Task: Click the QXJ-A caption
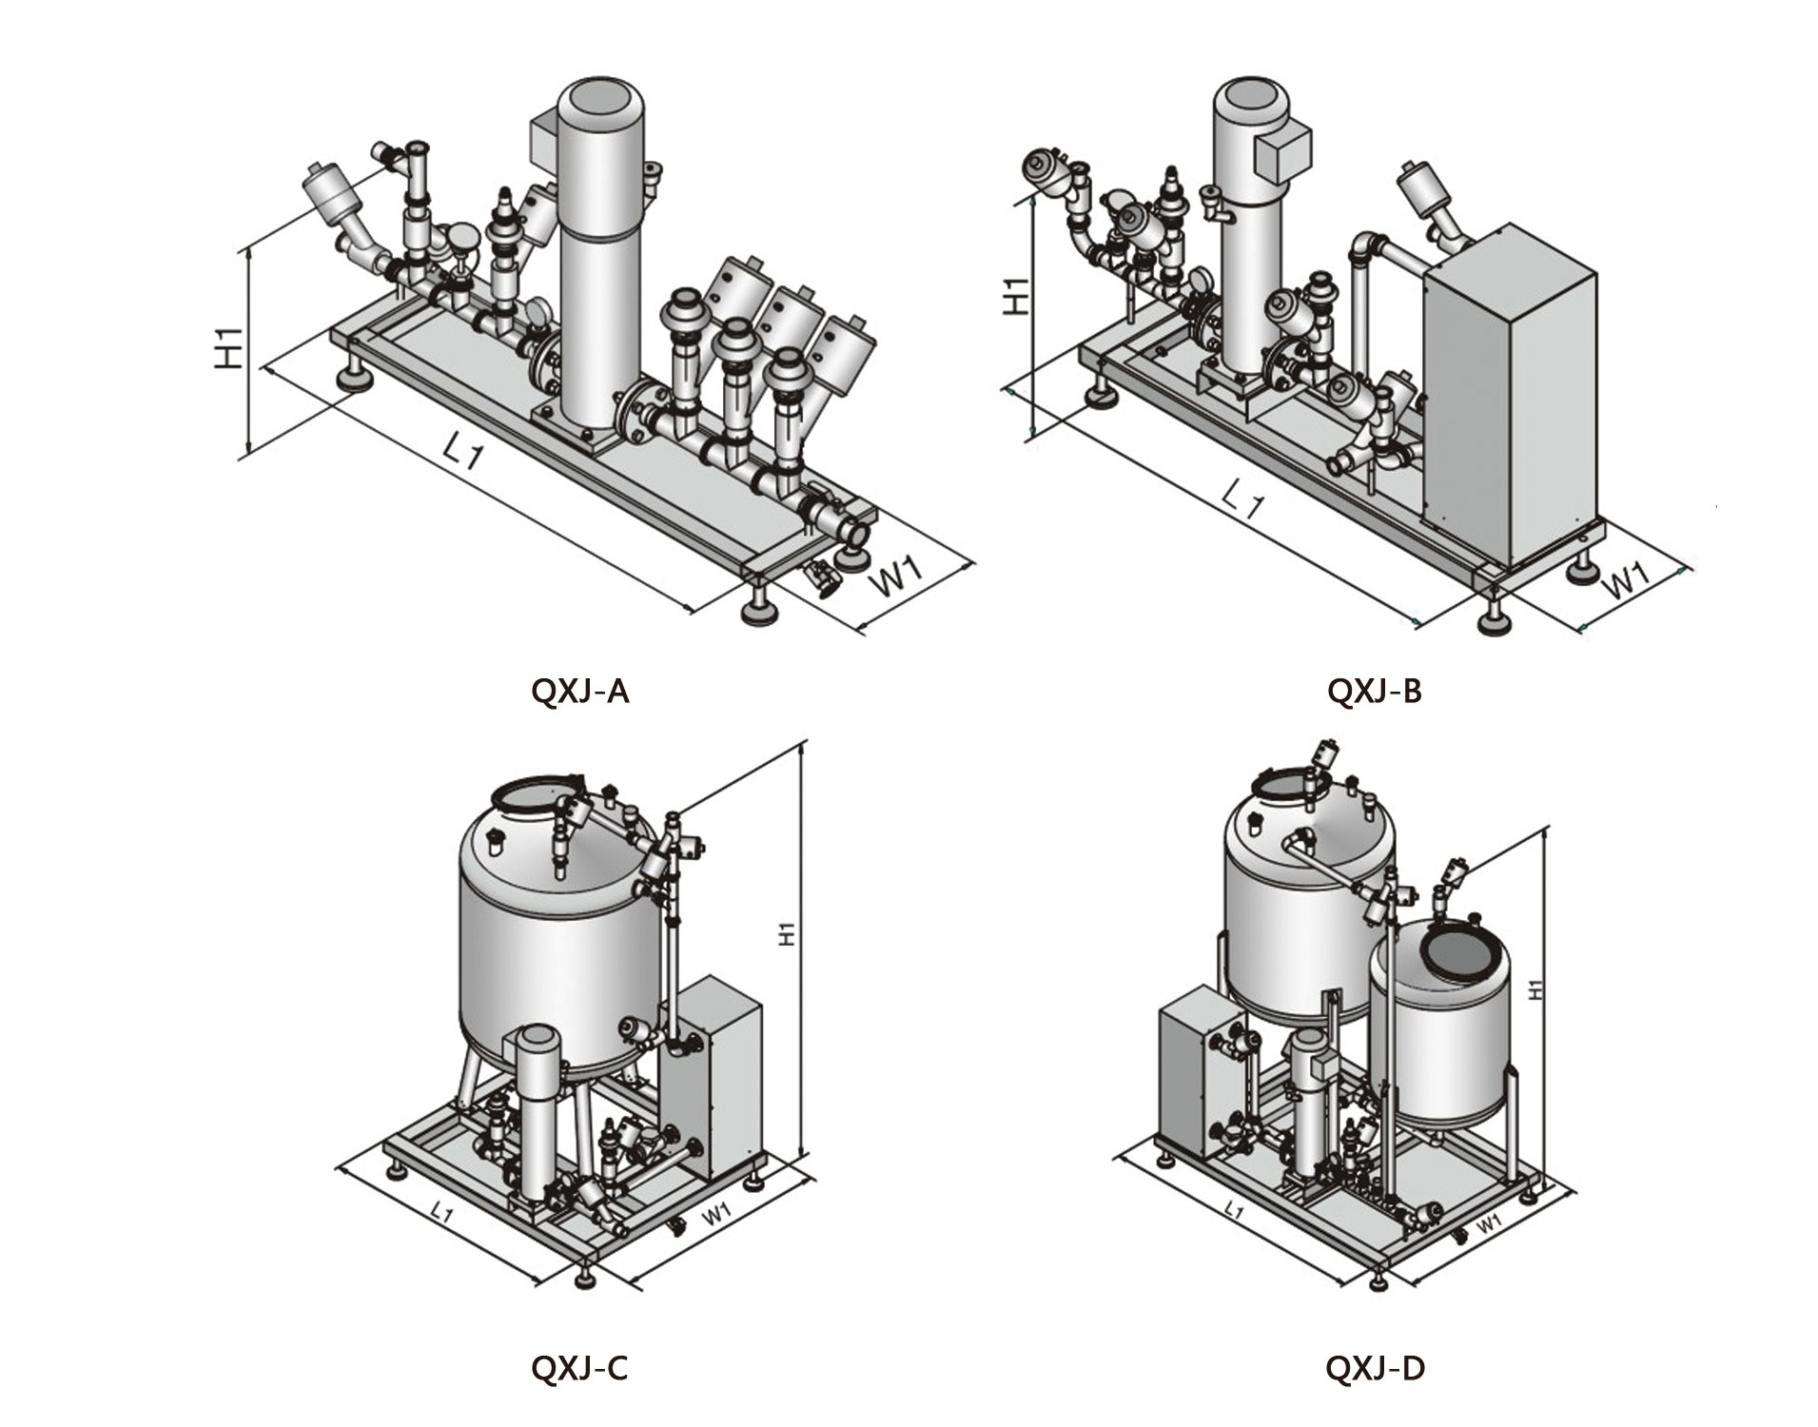click(579, 691)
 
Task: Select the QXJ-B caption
click(1374, 691)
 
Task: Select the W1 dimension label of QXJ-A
click(898, 577)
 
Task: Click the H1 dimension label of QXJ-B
click(1017, 296)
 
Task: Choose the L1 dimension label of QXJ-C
click(440, 1211)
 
